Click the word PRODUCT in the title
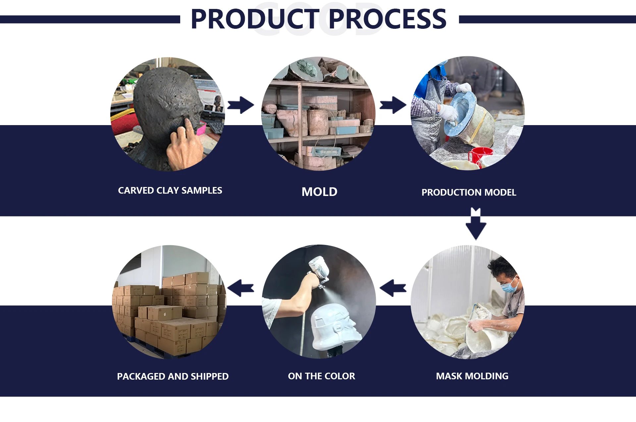pos(255,19)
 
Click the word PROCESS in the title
pos(387,19)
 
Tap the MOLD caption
pos(319,192)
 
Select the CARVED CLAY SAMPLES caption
pos(170,190)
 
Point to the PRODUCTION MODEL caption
pos(469,192)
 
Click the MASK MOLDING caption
pos(472,376)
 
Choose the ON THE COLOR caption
pos(321,376)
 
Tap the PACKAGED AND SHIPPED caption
pos(173,376)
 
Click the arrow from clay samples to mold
pos(241,105)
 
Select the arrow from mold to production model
pos(393,105)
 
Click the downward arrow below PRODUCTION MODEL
pos(476,224)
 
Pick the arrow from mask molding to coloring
pos(393,288)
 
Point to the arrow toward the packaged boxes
pos(241,288)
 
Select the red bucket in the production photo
pos(480,155)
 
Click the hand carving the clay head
pos(184,144)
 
